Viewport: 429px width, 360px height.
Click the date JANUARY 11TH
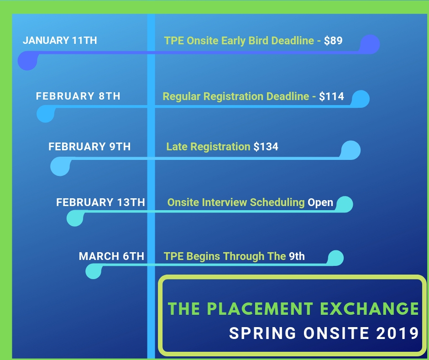[60, 40]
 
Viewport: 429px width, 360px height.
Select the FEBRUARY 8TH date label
[78, 96]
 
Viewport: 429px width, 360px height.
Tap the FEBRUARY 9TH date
[89, 147]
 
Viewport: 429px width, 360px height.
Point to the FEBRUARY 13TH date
[100, 202]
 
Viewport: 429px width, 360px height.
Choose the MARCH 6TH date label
[111, 256]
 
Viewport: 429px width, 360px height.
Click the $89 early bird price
[333, 41]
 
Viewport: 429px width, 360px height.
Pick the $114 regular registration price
[331, 96]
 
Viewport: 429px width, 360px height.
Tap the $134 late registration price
[266, 147]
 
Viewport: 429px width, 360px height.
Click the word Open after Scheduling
[320, 202]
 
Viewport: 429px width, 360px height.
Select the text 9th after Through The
[297, 256]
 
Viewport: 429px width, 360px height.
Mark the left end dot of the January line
[27, 61]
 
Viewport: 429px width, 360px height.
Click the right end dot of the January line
[370, 44]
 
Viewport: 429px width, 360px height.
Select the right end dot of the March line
[335, 257]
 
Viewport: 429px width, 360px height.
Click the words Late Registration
[208, 147]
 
